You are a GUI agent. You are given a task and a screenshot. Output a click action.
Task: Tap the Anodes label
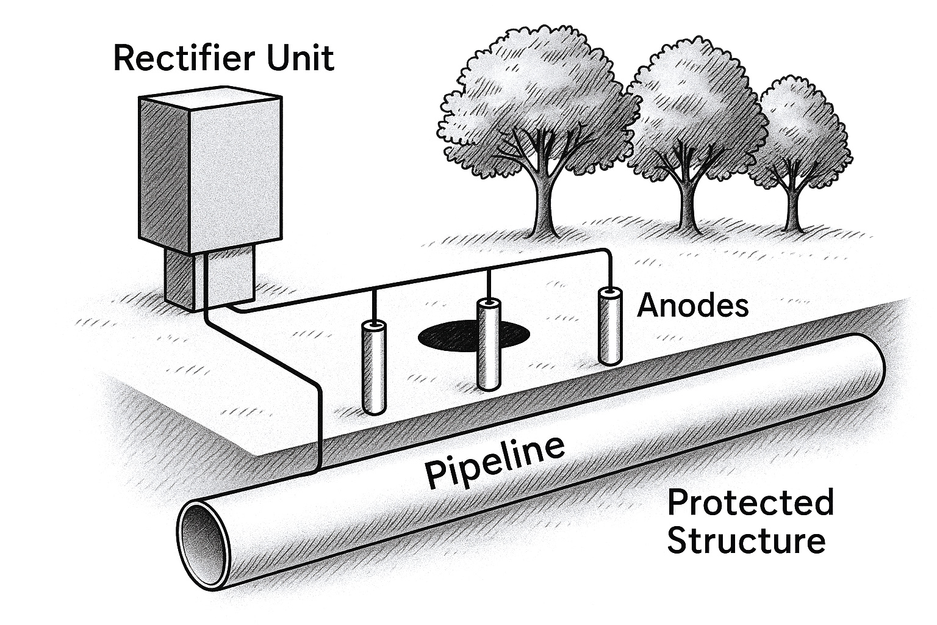(x=692, y=305)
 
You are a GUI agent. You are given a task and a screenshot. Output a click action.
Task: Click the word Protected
(x=750, y=504)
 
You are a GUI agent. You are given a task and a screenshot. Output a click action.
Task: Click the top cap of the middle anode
(x=489, y=303)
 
